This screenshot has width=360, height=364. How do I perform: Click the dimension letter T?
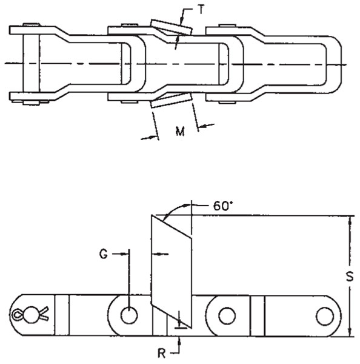click(201, 10)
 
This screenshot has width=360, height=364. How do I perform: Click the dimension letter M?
click(180, 132)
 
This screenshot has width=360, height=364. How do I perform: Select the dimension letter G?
click(104, 254)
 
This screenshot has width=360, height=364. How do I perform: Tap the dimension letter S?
click(350, 276)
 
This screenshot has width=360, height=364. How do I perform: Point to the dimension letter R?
click(161, 354)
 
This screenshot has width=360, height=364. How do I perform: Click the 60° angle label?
click(223, 206)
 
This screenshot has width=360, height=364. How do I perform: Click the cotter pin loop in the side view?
click(17, 315)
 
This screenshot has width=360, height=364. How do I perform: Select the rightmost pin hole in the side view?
click(325, 316)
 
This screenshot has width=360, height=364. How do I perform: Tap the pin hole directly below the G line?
click(129, 315)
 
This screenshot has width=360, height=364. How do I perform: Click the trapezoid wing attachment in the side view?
click(172, 271)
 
